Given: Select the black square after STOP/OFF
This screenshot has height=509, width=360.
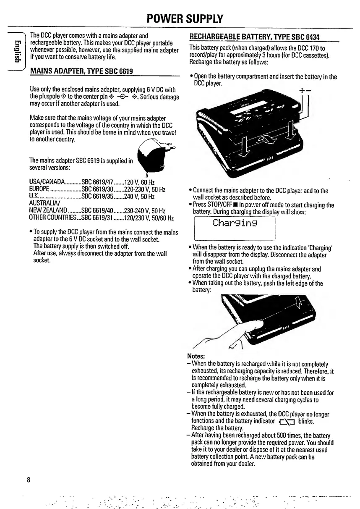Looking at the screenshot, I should point(226,205).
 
